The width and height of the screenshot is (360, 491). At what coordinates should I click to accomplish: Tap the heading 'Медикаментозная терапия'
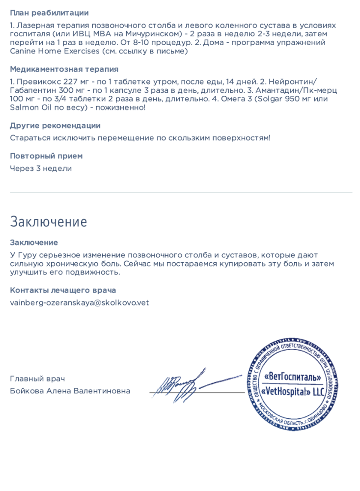64,70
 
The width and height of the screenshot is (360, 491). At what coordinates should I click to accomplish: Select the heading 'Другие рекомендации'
55,126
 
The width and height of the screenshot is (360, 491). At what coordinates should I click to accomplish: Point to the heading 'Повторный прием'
46,156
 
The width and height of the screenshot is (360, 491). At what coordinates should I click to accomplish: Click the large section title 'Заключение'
48,221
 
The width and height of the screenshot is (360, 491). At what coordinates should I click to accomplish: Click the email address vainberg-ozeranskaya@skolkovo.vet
79,302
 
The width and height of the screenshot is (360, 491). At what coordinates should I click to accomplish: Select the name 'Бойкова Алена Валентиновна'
70,391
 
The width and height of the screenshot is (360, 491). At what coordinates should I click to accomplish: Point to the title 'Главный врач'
37,379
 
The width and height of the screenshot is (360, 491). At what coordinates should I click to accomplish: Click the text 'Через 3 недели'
41,168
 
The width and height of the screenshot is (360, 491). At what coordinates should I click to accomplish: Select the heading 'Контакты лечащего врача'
63,290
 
